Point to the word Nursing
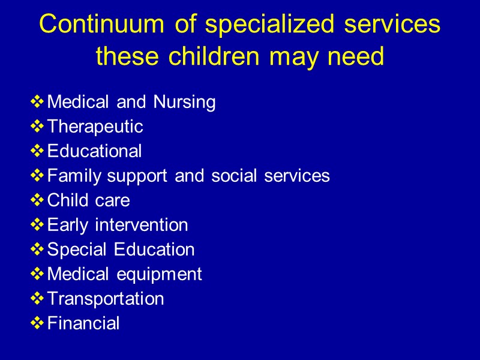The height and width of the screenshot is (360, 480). tap(184, 103)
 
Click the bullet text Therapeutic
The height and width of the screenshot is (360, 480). tap(95, 127)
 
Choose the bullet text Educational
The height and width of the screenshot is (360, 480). tap(94, 151)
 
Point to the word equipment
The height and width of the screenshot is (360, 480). tap(159, 275)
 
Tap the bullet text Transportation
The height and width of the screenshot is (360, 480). tap(105, 299)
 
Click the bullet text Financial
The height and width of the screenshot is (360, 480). tap(83, 323)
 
